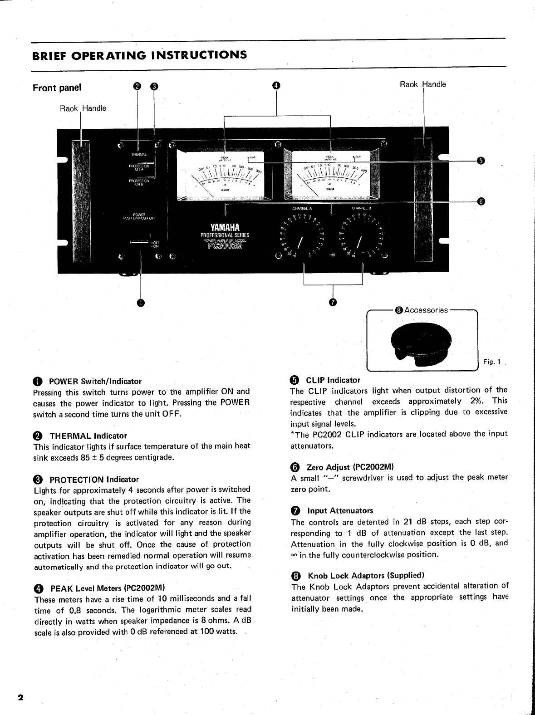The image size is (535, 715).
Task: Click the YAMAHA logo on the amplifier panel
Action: tap(225, 227)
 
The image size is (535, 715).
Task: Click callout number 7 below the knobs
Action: tap(333, 303)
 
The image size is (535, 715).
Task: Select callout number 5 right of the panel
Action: tap(481, 160)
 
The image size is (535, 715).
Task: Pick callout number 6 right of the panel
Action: tap(481, 201)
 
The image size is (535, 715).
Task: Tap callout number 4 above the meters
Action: tap(276, 86)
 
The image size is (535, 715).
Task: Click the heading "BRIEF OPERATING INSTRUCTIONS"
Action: tap(140, 55)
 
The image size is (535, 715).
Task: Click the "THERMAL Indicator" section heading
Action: tap(88, 436)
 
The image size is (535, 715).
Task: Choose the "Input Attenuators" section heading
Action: tap(340, 511)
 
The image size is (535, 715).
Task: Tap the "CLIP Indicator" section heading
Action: tap(333, 380)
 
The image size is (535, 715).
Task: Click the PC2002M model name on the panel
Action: tap(225, 247)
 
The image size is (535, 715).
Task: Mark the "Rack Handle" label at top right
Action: tap(422, 84)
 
